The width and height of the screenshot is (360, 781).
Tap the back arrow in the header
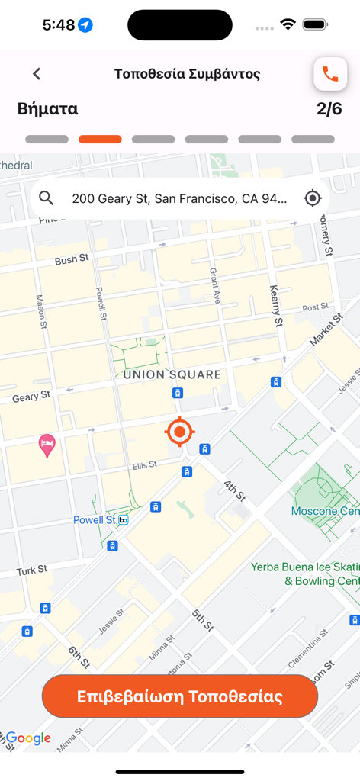[37, 74]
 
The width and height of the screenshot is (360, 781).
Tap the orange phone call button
[330, 74]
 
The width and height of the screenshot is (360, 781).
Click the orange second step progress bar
[100, 140]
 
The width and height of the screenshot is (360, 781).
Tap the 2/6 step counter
[329, 109]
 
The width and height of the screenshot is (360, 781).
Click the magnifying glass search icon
[47, 198]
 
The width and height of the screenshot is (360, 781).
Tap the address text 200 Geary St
[179, 199]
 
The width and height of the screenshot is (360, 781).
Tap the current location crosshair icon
[312, 198]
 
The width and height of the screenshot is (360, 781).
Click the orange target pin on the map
[179, 432]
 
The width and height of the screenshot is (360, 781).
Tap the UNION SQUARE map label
[172, 374]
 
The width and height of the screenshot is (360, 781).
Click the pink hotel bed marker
[47, 445]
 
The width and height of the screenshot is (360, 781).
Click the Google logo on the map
[28, 738]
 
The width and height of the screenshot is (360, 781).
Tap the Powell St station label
[95, 520]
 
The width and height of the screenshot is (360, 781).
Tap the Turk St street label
[32, 570]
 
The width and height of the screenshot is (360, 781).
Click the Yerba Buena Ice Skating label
[305, 574]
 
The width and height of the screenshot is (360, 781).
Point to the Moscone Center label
[324, 510]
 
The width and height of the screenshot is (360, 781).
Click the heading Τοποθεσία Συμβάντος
[187, 74]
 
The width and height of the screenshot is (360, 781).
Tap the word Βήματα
[47, 109]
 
